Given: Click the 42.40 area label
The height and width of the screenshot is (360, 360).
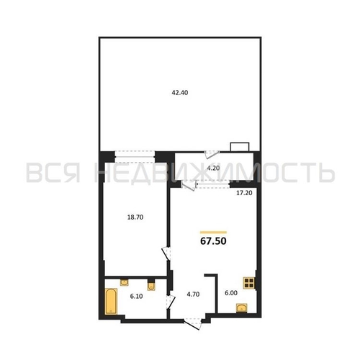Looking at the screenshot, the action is [180, 92].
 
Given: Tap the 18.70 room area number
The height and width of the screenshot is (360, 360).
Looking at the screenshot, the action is [135, 217].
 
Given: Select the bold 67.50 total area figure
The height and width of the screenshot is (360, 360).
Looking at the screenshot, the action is [213, 241].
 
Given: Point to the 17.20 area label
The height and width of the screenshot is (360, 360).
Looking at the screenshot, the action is [244, 193].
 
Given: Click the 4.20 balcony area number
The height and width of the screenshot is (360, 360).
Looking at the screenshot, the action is [213, 168].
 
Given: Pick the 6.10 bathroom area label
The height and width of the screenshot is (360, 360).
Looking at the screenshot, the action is [136, 296].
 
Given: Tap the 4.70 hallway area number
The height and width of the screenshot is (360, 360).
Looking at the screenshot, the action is [193, 294].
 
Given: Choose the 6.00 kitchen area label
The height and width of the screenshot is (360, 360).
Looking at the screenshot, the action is [231, 293].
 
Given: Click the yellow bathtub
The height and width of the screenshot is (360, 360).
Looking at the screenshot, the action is [111, 301].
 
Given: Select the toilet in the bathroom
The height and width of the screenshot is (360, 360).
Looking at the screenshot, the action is [151, 285].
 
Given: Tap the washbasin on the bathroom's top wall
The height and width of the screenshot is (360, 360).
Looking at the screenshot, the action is [124, 282].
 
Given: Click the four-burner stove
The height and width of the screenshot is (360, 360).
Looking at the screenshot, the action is [248, 283].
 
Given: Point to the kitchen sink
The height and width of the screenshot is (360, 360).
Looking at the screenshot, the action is [242, 308].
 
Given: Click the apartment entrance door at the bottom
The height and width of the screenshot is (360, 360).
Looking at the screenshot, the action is [193, 324].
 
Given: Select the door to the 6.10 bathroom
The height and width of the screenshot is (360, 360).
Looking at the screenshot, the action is [171, 302].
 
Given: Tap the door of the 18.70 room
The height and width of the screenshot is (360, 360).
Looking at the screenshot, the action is [166, 253].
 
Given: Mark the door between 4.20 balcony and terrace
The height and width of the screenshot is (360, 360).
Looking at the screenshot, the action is [212, 155].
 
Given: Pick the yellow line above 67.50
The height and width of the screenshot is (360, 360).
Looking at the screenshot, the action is [213, 232].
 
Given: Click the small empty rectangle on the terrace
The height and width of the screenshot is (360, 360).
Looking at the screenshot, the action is [240, 147].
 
